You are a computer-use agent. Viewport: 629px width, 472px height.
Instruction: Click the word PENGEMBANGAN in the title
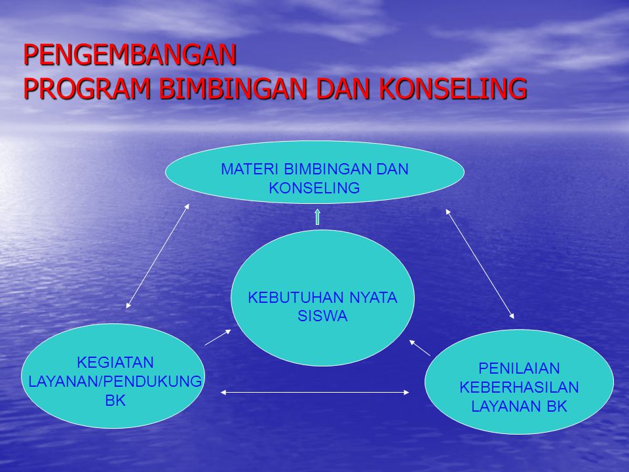point(130,55)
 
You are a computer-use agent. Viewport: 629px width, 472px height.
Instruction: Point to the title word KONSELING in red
point(452,88)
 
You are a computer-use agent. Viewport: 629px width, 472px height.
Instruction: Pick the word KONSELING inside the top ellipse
point(314,188)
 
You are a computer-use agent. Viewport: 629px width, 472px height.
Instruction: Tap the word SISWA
point(322,316)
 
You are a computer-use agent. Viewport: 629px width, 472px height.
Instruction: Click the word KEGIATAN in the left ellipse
point(115,363)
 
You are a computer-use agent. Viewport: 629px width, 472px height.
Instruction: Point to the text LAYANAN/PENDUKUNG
point(115,382)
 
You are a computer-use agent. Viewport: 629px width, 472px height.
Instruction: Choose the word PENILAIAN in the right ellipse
point(519,368)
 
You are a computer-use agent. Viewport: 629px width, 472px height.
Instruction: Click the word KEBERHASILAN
point(519,387)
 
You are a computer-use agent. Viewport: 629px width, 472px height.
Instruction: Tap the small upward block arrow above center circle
point(317,217)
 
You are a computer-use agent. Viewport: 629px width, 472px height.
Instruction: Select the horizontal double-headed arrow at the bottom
point(314,393)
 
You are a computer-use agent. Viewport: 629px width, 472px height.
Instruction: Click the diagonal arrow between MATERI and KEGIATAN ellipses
point(157,256)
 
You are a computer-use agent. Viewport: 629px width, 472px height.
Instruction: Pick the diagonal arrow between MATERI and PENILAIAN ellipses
point(480,264)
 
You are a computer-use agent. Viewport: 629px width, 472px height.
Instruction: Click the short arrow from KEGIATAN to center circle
point(218,337)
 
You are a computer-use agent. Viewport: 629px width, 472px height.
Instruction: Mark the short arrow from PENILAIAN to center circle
point(420,348)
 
